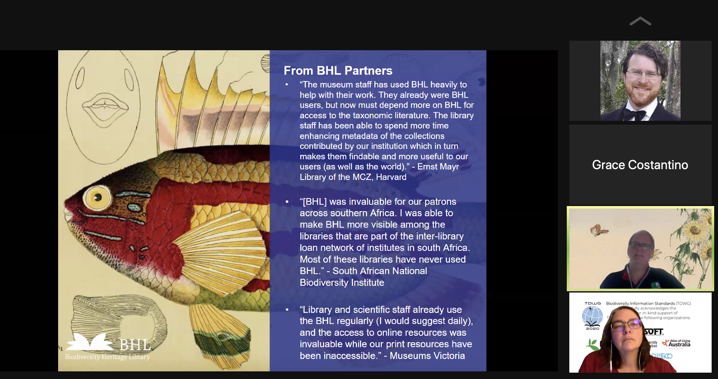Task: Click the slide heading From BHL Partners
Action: [338, 71]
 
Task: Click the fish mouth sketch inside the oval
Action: [105, 107]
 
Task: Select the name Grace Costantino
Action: [640, 165]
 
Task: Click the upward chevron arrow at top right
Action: [640, 21]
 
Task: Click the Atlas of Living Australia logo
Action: [676, 344]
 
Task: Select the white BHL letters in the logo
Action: [135, 345]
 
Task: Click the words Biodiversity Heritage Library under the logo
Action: [107, 357]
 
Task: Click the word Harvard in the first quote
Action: [391, 177]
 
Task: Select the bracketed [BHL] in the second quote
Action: [315, 202]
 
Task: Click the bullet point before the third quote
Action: [287, 309]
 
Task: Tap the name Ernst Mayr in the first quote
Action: [438, 167]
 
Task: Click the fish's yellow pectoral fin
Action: [219, 245]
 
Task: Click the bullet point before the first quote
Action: [287, 85]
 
